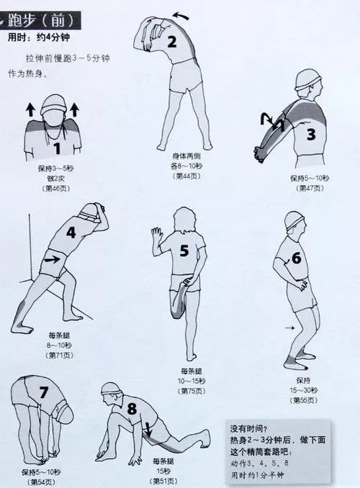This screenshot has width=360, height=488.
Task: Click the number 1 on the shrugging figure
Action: coord(57,148)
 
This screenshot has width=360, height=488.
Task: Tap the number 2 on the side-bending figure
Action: coord(172,42)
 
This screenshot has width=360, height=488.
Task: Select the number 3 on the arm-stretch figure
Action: coord(311,135)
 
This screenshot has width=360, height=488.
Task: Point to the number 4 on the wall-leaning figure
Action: coord(71,232)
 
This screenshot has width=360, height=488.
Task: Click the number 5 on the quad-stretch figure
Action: coord(184,250)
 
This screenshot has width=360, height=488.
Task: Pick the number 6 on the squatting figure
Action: coord(296,258)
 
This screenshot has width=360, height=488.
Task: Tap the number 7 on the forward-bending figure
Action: coord(43,392)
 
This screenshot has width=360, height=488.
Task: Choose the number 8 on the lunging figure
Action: coord(132,408)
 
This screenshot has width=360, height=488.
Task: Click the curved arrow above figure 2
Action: coord(181,15)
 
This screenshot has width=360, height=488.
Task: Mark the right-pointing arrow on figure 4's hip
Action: coord(52,258)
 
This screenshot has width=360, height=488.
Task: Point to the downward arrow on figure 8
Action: coord(148,430)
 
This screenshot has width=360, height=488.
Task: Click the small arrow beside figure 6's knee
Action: coord(290,327)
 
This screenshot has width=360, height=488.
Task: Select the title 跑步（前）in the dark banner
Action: coord(40,21)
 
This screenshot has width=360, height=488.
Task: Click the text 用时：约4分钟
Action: coord(39,37)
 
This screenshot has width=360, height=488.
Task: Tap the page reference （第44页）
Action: coord(186,176)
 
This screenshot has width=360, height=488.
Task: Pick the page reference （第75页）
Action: coord(192,391)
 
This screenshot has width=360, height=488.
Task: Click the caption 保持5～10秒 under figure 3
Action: coord(310,178)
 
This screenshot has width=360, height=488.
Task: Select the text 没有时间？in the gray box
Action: coord(248,428)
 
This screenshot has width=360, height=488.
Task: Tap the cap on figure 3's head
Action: coord(307,80)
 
